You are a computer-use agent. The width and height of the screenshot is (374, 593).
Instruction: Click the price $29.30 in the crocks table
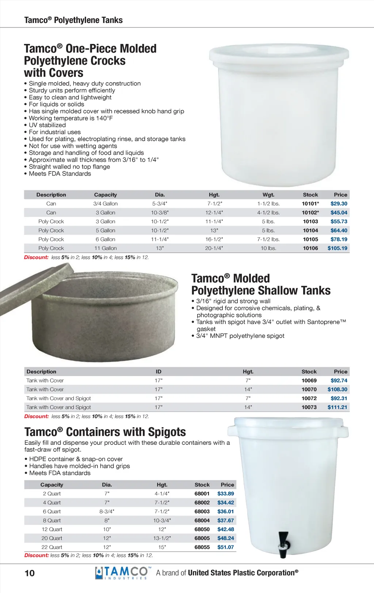click(339, 204)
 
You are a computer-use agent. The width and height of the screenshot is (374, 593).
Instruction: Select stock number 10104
click(310, 230)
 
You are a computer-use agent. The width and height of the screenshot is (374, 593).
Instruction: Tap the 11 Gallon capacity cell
click(105, 248)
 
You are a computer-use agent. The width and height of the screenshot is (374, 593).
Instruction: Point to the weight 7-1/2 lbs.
click(268, 240)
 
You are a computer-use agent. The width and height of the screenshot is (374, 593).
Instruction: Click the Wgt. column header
click(268, 195)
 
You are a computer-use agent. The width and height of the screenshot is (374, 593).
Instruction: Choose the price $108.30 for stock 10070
click(337, 390)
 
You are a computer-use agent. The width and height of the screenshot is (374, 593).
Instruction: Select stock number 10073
click(309, 407)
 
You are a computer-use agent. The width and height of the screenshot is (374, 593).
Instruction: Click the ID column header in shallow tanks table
click(159, 372)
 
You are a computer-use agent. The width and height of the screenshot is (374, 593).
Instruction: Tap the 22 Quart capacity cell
click(52, 547)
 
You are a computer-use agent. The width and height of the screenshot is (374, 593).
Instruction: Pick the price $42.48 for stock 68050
click(225, 529)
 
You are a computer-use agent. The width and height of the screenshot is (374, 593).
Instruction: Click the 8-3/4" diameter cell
click(107, 511)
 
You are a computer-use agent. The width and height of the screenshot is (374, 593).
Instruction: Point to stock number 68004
click(202, 521)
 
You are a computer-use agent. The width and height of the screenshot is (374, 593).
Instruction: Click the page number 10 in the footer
click(30, 573)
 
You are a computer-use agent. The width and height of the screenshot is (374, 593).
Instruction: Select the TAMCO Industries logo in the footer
click(122, 573)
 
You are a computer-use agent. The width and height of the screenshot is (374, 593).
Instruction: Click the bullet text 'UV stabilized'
click(47, 125)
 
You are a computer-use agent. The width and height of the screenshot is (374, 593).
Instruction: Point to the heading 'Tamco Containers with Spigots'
click(105, 432)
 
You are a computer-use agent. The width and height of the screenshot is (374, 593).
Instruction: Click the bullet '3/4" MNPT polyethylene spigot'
click(240, 336)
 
